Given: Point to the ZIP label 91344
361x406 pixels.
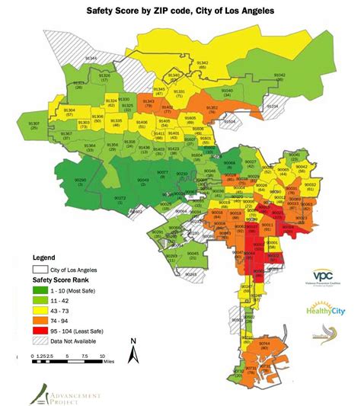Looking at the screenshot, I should point(91,59).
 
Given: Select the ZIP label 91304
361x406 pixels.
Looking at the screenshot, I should point(70,113).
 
